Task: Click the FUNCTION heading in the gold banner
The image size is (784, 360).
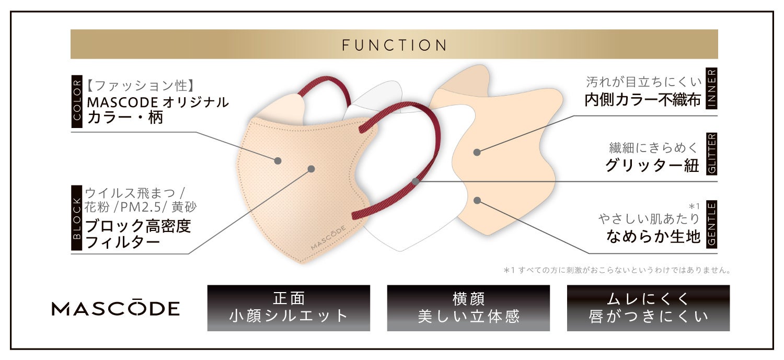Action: pos(394,45)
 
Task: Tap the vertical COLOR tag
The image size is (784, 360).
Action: pos(77,101)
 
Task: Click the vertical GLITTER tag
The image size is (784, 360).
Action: pos(711,153)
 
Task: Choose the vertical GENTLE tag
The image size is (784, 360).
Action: pos(711,224)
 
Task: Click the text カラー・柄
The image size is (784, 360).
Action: pos(125,117)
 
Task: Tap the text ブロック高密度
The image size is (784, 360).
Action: pos(138,226)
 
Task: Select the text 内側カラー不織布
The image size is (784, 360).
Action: pos(642,100)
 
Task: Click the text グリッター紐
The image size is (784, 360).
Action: pos(652,166)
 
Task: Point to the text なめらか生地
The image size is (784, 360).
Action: pos(653,237)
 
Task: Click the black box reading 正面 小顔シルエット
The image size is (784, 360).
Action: pos(289,307)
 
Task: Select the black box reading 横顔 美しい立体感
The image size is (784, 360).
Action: pos(468,307)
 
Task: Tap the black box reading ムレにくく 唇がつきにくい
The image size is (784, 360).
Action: pos(648,307)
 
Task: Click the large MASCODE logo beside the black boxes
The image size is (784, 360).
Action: pos(116,308)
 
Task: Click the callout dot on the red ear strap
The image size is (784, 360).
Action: pos(415,181)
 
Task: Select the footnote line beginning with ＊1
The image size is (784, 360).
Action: pos(617,271)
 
